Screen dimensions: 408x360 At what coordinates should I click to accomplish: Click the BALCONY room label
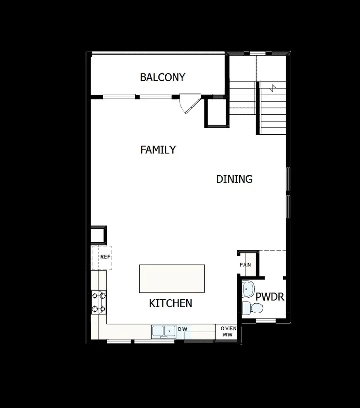tap(162, 77)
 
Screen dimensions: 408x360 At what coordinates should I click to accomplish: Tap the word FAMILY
tap(158, 150)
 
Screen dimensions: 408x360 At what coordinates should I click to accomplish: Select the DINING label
tap(234, 179)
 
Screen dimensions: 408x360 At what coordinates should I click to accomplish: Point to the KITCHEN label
tap(170, 304)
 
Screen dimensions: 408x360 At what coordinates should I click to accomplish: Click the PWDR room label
tap(270, 297)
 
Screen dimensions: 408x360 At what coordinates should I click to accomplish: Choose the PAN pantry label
tap(245, 265)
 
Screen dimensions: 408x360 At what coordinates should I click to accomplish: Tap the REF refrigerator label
tap(105, 257)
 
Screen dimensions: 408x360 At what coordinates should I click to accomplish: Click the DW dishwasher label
tap(182, 329)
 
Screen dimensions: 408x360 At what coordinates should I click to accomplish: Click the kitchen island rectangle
tap(172, 279)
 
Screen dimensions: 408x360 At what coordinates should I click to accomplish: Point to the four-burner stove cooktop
tap(99, 302)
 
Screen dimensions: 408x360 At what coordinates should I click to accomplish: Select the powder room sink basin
tap(249, 289)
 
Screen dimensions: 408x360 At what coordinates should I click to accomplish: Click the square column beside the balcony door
tap(216, 113)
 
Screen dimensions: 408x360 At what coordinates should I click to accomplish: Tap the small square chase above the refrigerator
tap(98, 235)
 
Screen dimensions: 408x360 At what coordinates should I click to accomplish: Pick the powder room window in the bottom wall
tap(266, 321)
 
